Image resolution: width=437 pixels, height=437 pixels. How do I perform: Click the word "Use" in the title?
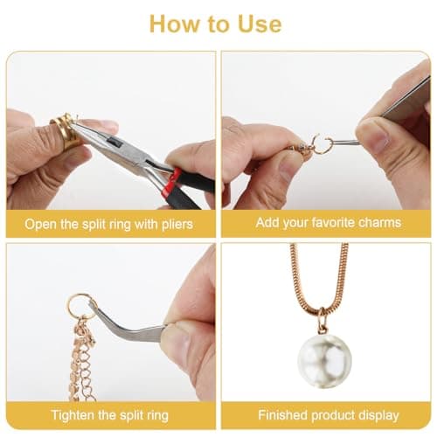tap(260, 24)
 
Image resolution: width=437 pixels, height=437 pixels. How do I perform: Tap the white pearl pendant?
tap(324, 361)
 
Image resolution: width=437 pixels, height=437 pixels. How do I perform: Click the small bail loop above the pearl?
tap(323, 321)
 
